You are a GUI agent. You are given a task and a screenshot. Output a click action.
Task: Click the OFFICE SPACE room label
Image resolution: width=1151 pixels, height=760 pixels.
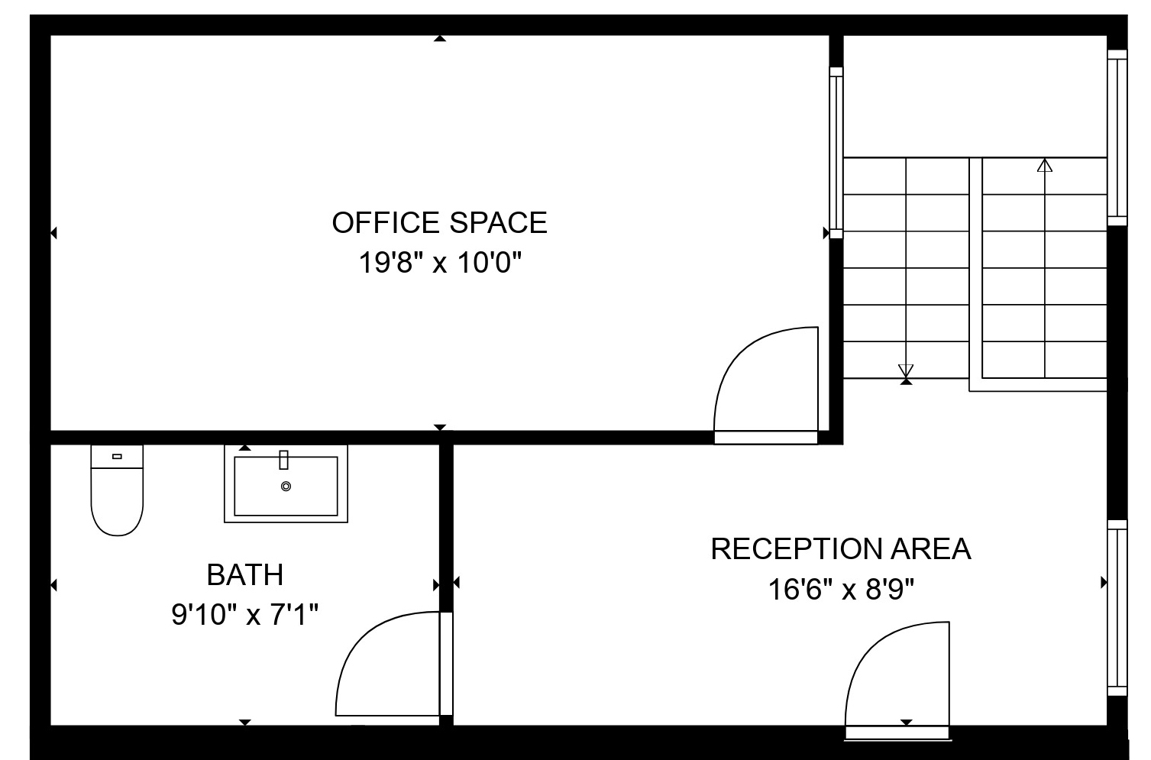click(x=439, y=222)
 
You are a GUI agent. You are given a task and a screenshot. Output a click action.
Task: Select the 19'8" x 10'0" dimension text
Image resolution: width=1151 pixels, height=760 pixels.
click(x=440, y=263)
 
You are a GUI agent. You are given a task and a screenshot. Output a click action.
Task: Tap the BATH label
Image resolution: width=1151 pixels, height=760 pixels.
click(x=245, y=574)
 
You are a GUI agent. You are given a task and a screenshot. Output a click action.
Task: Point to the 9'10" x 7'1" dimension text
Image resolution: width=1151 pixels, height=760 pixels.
click(x=245, y=614)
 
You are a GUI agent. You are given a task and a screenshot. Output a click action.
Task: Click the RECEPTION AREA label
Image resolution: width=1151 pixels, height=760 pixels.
click(x=841, y=548)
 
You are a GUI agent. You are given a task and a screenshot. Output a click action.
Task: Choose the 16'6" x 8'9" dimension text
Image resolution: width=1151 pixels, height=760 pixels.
click(x=841, y=589)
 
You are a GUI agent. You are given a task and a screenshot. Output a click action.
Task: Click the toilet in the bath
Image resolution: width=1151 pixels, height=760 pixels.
click(x=117, y=490)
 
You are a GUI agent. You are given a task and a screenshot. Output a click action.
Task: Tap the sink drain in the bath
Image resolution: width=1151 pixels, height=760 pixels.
click(x=286, y=486)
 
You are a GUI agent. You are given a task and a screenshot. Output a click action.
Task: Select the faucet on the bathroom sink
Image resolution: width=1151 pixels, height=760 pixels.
click(x=283, y=460)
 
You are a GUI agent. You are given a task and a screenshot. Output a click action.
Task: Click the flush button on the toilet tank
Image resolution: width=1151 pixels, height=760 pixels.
click(x=117, y=456)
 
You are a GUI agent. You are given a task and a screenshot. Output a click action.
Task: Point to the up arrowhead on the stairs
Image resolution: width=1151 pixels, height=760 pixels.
click(x=1045, y=166)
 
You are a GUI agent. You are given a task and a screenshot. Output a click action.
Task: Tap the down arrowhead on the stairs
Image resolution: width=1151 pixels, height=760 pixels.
click(x=906, y=370)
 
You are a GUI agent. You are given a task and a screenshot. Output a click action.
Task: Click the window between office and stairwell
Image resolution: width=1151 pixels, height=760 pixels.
click(x=836, y=153)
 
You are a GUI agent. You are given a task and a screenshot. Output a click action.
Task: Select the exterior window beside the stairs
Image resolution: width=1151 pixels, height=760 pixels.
click(x=1117, y=137)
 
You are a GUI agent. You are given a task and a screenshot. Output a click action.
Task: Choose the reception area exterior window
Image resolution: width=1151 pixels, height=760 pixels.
click(x=1117, y=608)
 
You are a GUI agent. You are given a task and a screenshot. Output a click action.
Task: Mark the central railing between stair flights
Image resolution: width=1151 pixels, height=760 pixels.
click(x=976, y=274)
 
